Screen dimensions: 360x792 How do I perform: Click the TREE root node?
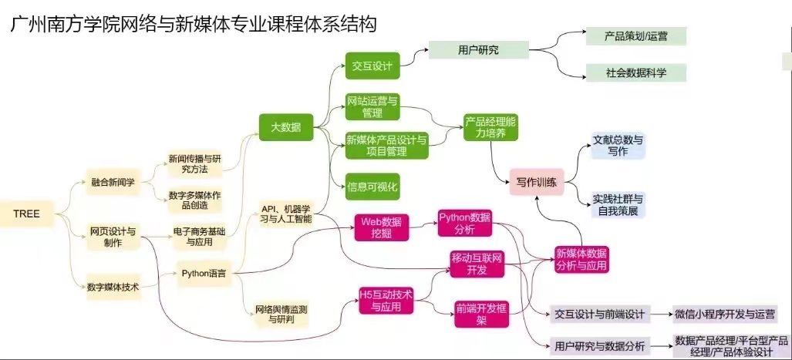[x=27, y=213]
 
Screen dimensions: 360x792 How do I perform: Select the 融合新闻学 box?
[x=113, y=183]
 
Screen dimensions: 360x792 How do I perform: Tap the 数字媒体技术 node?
[x=113, y=287]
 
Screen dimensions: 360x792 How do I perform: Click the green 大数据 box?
[x=285, y=126]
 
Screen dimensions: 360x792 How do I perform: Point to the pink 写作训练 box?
[x=537, y=183]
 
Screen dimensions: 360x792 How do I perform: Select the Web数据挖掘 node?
[x=379, y=224]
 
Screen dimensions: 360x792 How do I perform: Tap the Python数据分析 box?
[x=464, y=222]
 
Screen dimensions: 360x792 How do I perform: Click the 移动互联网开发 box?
[x=477, y=263]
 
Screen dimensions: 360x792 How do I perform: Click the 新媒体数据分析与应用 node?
[x=581, y=259]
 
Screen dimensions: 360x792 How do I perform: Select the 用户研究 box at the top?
[x=478, y=50]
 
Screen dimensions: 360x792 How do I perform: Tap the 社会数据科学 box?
[x=635, y=72]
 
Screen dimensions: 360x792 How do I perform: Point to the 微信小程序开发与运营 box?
[x=725, y=314]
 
